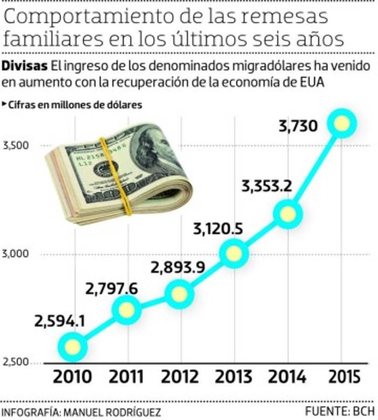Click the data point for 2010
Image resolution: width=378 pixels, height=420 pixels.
point(73,347)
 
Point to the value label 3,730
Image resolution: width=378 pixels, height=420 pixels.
point(299,126)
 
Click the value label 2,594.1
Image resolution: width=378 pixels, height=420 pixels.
point(59,322)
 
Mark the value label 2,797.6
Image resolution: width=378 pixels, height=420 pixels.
point(112,289)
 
